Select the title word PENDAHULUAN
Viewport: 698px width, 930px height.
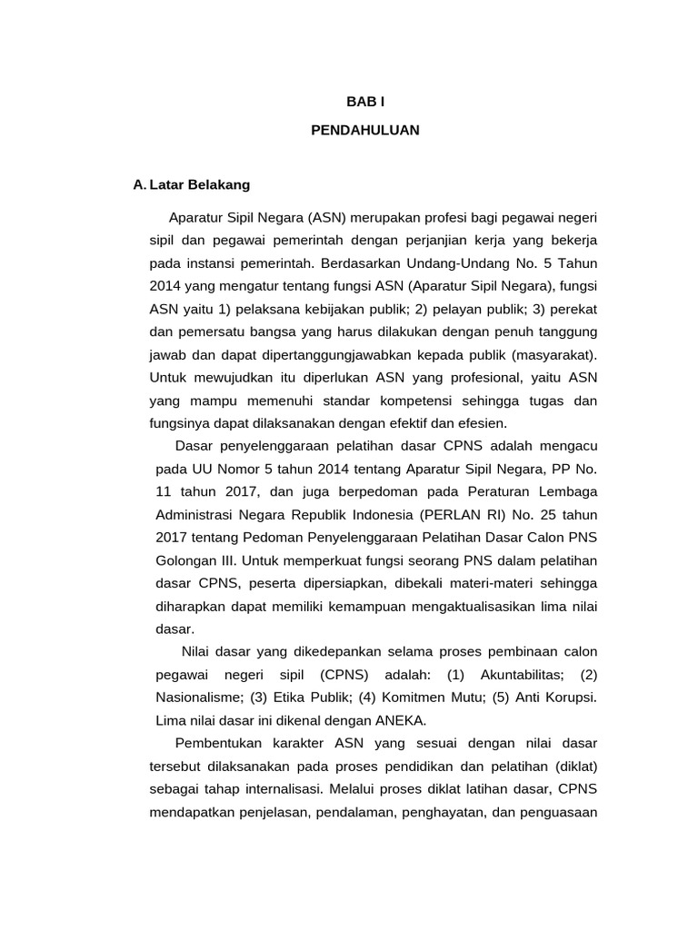tap(365, 130)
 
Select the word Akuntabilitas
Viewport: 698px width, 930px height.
tap(516, 675)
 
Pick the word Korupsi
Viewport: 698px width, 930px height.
tap(570, 697)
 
